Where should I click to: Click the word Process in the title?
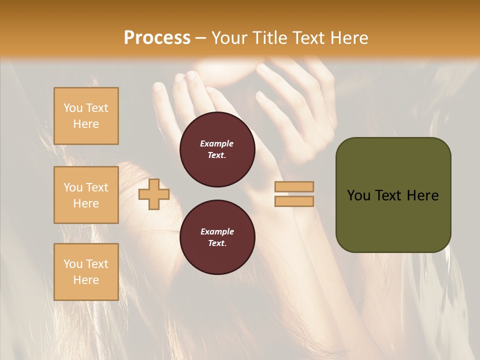coord(157,38)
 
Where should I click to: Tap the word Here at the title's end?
coord(347,38)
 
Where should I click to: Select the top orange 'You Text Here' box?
coord(86,116)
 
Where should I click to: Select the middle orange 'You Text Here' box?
coord(86,195)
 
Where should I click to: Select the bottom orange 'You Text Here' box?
coord(86,272)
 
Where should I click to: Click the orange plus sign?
coord(154,194)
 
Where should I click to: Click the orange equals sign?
coord(294,194)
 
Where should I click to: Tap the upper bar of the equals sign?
coord(294,187)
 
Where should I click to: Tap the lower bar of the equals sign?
coord(294,201)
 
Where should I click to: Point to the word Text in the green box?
coord(393,195)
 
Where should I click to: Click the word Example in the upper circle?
coord(217,143)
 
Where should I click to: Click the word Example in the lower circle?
coord(217,231)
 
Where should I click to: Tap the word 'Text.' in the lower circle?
coord(217,243)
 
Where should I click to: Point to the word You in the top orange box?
coord(73,108)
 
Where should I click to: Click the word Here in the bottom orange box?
coord(86,280)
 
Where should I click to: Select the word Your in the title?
coord(229,38)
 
